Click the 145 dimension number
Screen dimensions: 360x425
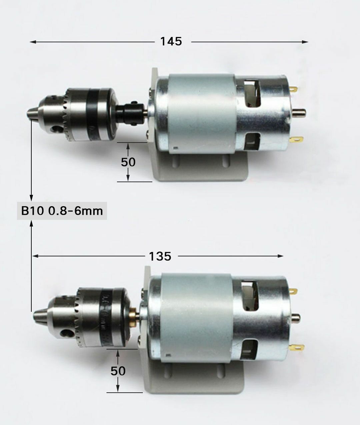[x=171, y=42]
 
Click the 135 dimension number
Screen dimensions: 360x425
[x=160, y=256]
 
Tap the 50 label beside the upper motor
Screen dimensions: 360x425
[x=128, y=162]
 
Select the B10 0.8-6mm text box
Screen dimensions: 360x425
[x=62, y=211]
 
